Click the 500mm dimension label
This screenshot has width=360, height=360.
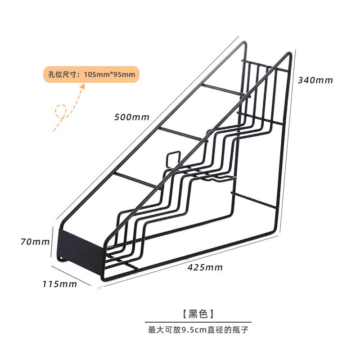coord(132,117)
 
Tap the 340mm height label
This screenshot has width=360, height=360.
coord(315,81)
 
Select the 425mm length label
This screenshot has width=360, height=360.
coord(205,267)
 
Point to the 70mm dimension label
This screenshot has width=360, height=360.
coord(35,242)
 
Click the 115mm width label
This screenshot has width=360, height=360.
coord(60,284)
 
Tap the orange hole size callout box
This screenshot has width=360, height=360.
coord(91,74)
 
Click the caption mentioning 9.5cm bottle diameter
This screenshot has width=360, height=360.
coord(198,330)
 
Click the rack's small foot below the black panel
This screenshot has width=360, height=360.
coord(60,258)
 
